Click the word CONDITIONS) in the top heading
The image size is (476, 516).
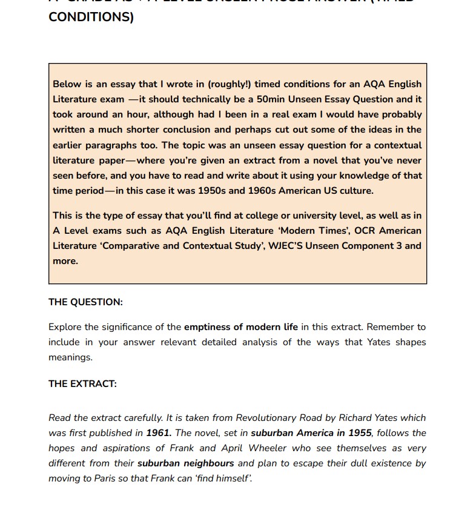[91, 16]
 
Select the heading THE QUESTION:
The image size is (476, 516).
[85, 302]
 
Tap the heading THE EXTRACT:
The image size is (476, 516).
[82, 383]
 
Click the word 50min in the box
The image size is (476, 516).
[271, 99]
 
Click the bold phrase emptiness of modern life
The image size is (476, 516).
[241, 327]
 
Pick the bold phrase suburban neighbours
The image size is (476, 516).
[186, 463]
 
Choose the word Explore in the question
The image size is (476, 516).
[65, 327]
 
